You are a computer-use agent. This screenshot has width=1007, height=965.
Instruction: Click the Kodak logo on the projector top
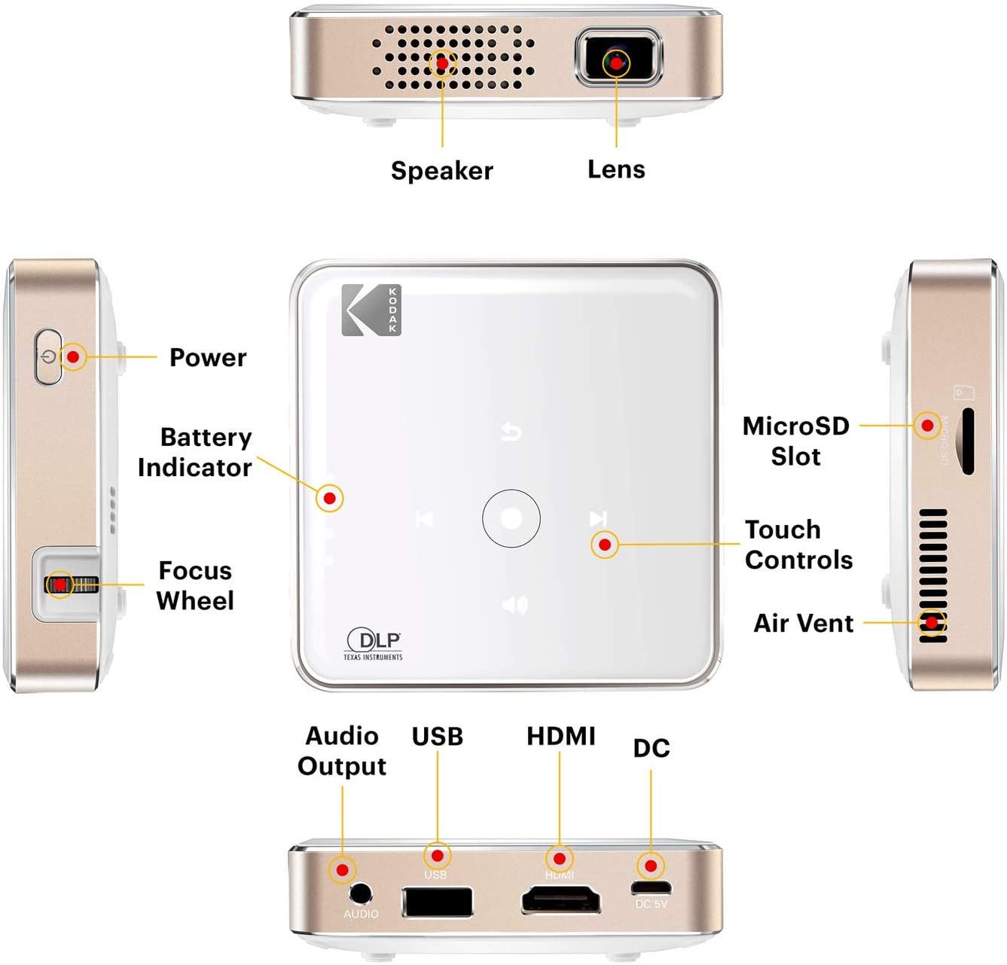coord(371,310)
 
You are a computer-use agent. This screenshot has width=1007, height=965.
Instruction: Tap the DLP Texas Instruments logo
coord(374,645)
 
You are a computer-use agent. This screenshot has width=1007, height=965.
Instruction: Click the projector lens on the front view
coord(618,60)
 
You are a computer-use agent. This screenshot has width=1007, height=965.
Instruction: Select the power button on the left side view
coord(49,356)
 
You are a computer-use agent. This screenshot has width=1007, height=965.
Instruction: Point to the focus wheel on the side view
coord(71,585)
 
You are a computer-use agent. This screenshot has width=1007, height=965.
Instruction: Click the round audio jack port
coord(361,893)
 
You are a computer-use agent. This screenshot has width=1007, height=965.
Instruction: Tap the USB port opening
coord(437,902)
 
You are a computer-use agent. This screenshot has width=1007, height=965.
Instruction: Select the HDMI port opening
coord(561,900)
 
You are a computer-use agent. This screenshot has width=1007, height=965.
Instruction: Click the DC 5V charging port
coord(651,887)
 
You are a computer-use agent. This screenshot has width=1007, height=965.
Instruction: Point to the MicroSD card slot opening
coord(968,441)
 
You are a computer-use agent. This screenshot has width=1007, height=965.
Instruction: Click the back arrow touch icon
coord(511,432)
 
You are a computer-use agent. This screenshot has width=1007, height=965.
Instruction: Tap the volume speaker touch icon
coord(514,604)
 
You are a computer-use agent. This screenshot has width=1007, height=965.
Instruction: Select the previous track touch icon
coord(425,519)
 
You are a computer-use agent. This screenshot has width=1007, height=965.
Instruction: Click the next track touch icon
coord(598,518)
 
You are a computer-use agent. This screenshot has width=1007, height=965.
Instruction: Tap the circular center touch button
coord(511,518)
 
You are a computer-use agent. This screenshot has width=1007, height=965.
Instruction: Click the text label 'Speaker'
coord(441,170)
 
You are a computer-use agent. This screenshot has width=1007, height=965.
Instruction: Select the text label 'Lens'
coord(616,169)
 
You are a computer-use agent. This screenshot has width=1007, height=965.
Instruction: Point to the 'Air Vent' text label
coord(804,623)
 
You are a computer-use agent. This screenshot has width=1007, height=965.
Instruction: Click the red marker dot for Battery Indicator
coord(329,498)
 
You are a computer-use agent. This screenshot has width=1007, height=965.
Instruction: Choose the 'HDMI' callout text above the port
coord(560,736)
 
